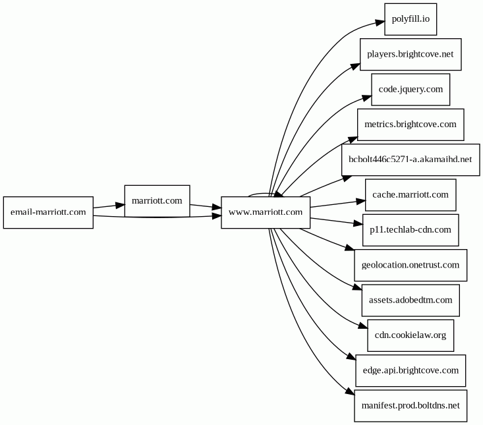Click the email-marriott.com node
48,212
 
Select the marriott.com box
157,201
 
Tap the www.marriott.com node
266,212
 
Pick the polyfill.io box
411,19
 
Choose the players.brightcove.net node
411,54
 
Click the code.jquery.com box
411,90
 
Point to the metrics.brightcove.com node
411,125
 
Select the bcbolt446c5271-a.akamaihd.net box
411,159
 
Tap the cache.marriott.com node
411,194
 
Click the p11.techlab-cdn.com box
411,230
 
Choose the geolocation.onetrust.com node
411,265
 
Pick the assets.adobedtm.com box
411,300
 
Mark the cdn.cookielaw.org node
411,335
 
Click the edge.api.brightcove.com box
411,370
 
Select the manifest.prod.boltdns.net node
411,406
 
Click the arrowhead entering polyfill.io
380,22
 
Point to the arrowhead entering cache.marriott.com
360,202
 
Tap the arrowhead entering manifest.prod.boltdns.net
350,391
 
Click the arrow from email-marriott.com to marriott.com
109,206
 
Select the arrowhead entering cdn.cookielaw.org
364,326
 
